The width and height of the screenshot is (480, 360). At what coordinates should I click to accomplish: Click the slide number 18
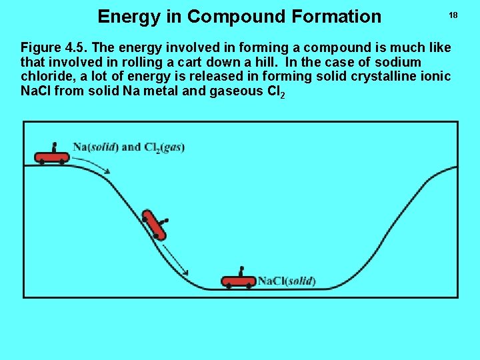point(453,15)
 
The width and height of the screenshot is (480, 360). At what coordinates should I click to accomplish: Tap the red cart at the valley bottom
point(239,281)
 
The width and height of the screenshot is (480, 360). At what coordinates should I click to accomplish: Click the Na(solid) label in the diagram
point(97,147)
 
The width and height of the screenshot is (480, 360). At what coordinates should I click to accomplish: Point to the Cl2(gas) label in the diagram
point(164,147)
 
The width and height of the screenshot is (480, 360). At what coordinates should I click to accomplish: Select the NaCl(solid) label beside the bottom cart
point(287,281)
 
